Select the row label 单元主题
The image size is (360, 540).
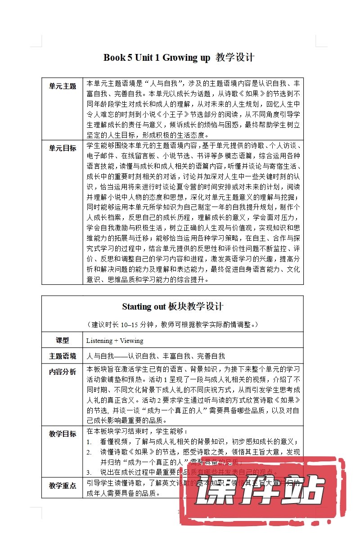tap(63, 86)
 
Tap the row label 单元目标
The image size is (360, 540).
tap(63, 148)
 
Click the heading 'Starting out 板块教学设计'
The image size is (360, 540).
tap(172, 307)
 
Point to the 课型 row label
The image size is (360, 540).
tap(63, 340)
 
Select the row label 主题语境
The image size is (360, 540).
tap(63, 356)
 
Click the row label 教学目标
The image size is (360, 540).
tap(63, 434)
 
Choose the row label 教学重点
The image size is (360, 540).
tap(63, 486)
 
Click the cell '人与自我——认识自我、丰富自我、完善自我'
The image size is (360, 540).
tap(156, 356)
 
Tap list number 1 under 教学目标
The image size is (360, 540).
tap(89, 442)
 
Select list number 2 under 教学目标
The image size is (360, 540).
tap(90, 453)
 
